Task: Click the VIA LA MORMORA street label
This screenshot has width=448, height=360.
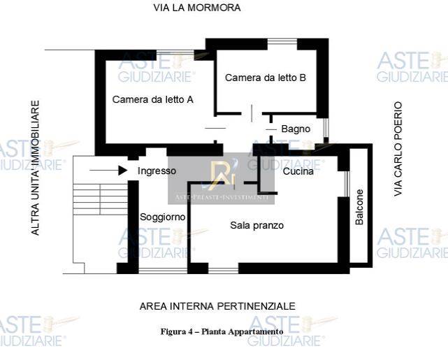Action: point(197,8)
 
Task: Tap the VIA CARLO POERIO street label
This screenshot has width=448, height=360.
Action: point(398,149)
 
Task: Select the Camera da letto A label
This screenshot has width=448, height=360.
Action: point(153,99)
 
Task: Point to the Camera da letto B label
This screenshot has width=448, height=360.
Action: point(266,78)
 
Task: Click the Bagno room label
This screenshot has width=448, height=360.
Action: point(296,129)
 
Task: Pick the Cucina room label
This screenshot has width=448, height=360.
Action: point(298,171)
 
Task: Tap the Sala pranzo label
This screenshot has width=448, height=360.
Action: point(257,225)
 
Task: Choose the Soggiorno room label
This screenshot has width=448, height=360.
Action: point(163,217)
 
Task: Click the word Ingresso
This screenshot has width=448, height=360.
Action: point(157,171)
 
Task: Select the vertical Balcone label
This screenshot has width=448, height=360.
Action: point(359,207)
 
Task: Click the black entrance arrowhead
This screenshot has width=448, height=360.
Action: point(123,171)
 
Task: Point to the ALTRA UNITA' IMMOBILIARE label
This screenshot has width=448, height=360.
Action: point(35,168)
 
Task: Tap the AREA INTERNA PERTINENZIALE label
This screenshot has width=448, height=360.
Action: point(217,306)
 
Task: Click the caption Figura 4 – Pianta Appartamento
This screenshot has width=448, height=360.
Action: point(222,332)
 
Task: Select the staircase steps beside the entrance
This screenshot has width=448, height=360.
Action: point(100,199)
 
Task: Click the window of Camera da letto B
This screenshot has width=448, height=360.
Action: point(282,42)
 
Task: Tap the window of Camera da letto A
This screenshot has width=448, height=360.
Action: point(175,52)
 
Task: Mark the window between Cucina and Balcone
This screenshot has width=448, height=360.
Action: point(347,184)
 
